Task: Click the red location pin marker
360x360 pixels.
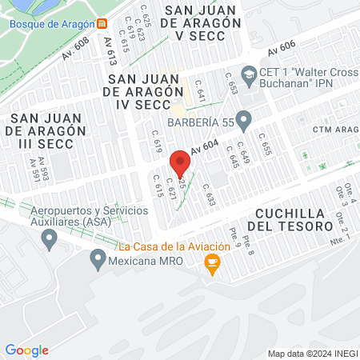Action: click(180, 162)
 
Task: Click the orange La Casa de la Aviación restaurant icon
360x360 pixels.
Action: click(212, 268)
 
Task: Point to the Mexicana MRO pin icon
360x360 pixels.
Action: click(98, 258)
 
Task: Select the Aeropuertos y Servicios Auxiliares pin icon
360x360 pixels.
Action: click(50, 238)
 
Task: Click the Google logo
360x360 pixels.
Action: click(26, 350)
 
